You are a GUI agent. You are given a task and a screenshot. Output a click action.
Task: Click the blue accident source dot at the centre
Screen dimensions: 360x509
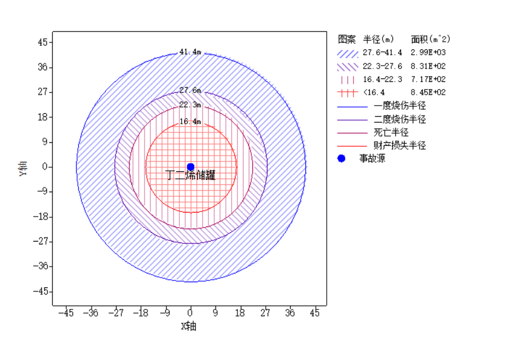tap(190, 167)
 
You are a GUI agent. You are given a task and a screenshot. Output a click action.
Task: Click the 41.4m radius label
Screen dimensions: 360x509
tap(190, 52)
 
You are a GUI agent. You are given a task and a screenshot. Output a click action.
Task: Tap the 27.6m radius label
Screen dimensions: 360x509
tap(190, 91)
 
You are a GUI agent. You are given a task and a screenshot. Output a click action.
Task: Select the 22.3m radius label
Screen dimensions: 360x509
tap(190, 105)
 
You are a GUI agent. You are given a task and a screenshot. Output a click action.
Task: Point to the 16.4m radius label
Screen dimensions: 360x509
tap(190, 122)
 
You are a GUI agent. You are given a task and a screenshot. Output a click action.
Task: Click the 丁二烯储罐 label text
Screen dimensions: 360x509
tap(190, 175)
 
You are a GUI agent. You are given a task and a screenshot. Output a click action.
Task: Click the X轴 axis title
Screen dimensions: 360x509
tap(189, 326)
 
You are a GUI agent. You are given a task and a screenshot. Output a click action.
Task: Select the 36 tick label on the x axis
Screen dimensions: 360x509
tap(290, 314)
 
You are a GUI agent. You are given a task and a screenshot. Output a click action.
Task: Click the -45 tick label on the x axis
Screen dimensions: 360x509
tap(66, 314)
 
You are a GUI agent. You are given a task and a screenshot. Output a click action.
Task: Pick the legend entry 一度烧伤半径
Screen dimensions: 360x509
tap(400, 106)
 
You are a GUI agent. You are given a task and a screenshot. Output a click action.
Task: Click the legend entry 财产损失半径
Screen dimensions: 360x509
tap(400, 145)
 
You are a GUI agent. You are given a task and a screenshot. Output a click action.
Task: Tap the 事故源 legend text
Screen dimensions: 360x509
tap(371, 159)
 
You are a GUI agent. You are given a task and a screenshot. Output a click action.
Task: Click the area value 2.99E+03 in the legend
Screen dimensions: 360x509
tap(428, 53)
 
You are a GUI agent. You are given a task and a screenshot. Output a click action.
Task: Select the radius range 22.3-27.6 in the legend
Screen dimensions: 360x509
tap(382, 66)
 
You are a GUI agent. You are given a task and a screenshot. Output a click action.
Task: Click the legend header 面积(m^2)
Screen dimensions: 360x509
tap(431, 39)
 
